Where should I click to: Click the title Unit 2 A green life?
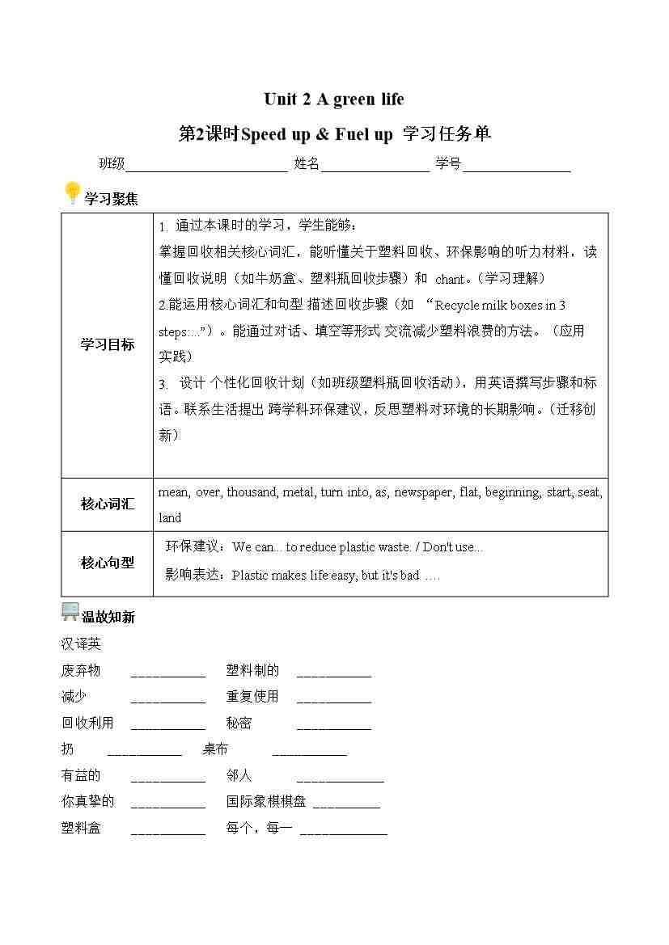coord(333,99)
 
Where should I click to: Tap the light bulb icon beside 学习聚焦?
coord(72,194)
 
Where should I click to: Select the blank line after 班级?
coord(206,166)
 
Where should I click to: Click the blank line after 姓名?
coord(375,166)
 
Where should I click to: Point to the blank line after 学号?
coord(517,166)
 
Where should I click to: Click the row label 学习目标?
coord(107,344)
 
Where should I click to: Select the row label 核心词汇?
coord(107,504)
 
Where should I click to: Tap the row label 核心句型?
coord(107,563)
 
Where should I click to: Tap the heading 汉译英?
coord(81,644)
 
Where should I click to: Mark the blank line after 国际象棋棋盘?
coord(345,805)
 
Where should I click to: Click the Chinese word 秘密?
coord(239,723)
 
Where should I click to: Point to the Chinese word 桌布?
coord(215,749)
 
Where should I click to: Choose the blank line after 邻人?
coord(340,779)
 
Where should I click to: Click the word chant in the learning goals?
coord(449,279)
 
